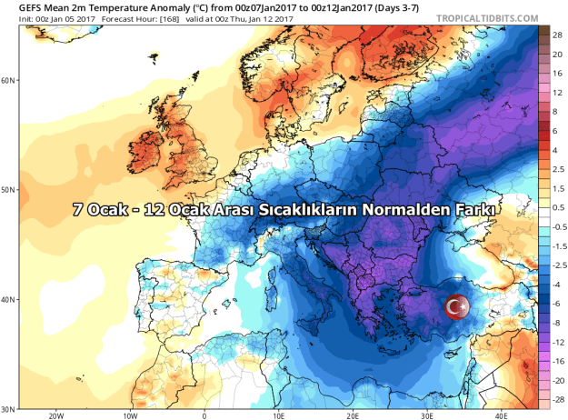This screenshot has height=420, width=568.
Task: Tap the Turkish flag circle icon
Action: click(457, 307)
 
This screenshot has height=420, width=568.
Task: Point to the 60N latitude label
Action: click(10, 80)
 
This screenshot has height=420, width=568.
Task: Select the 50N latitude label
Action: click(10, 190)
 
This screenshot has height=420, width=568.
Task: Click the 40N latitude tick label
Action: click(10, 299)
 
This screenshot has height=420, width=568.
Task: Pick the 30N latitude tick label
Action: click(10, 408)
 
